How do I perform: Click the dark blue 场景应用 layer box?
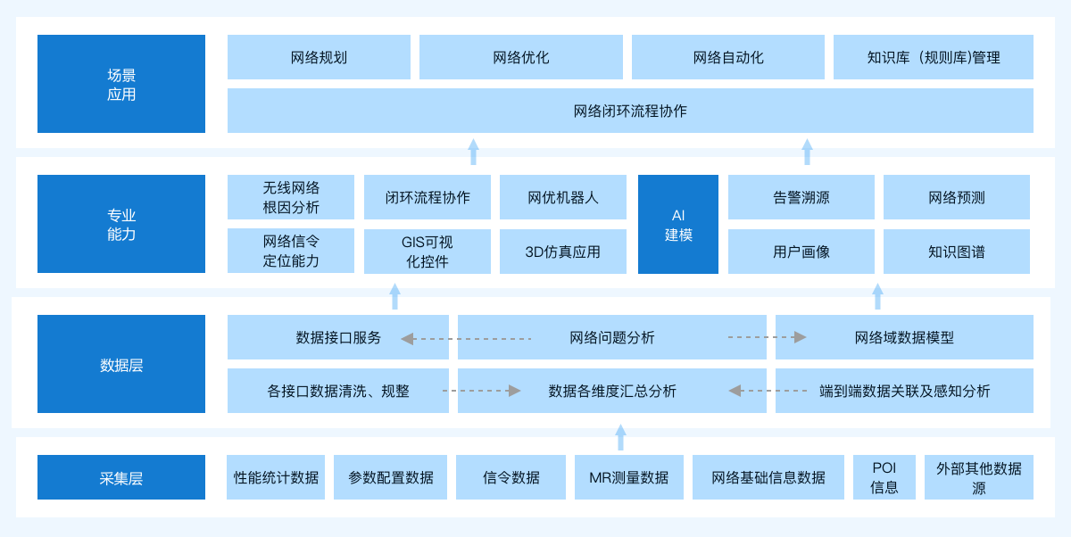(121, 84)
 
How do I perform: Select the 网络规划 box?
(319, 57)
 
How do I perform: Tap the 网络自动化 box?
(728, 57)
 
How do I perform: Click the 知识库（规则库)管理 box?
(934, 57)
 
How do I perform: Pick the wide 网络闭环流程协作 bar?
(630, 111)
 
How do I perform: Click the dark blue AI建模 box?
(678, 224)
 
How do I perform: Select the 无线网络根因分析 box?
(291, 197)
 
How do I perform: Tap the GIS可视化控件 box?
(428, 252)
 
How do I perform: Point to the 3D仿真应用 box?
(563, 252)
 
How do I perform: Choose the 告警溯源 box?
(801, 197)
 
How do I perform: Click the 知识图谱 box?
(957, 252)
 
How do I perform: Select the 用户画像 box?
(801, 252)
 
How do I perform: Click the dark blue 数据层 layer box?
(121, 364)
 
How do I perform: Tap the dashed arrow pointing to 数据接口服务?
(466, 339)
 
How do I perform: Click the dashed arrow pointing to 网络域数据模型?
(768, 337)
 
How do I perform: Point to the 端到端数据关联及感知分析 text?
(905, 392)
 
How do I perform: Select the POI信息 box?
(884, 477)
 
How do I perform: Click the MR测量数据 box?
(628, 477)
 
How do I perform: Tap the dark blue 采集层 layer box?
(121, 477)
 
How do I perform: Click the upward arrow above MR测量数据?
(620, 437)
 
